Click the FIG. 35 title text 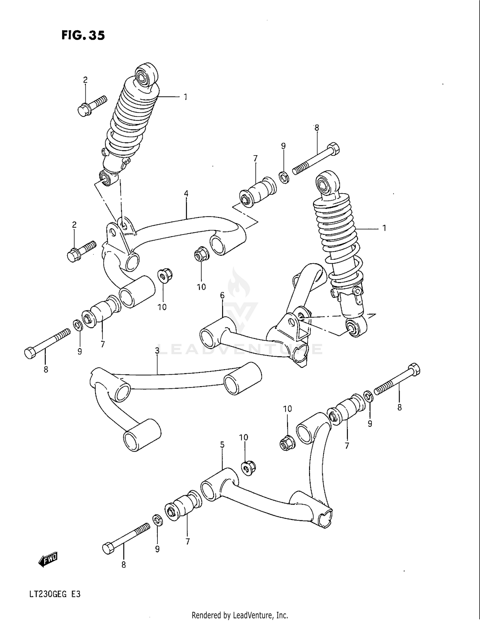pos(83,35)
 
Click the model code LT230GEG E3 pos(54,594)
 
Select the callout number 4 pos(186,194)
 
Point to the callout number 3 pos(157,351)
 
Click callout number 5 pos(222,445)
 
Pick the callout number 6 pos(222,295)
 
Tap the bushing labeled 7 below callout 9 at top pos(259,191)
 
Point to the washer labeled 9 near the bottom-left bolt pos(157,520)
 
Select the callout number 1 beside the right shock pos(384,228)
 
